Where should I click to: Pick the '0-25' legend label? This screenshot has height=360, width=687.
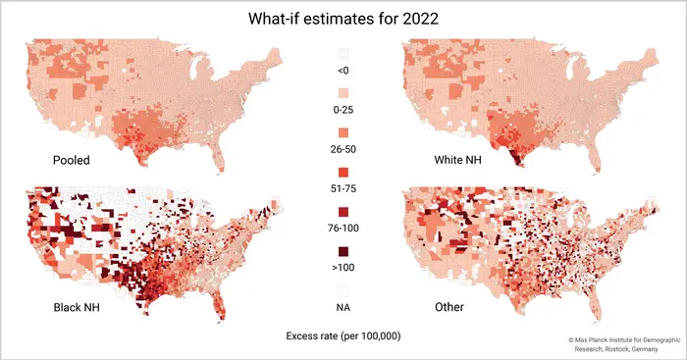coord(343,110)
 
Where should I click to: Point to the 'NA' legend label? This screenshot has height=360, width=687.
coord(343,307)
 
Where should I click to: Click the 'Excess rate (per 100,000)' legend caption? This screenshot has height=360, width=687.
coord(343,336)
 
